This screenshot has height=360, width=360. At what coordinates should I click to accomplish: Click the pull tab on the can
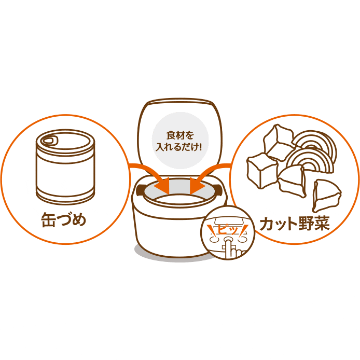[x=49, y=140]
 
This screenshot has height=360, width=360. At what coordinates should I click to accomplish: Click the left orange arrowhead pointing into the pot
[x=164, y=184]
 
